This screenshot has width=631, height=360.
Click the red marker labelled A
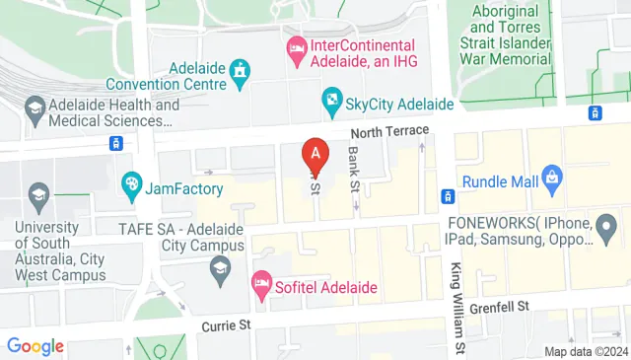click(315, 154)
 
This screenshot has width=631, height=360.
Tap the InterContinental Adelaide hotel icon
click(295, 46)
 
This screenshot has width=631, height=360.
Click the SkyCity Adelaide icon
click(331, 100)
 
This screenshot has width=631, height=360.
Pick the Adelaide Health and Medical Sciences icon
click(36, 107)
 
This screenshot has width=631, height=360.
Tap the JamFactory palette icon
click(130, 184)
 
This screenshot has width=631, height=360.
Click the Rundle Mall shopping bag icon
click(552, 179)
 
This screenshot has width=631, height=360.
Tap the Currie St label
click(229, 324)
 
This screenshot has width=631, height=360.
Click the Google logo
click(35, 346)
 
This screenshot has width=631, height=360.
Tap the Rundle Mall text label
click(504, 180)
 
